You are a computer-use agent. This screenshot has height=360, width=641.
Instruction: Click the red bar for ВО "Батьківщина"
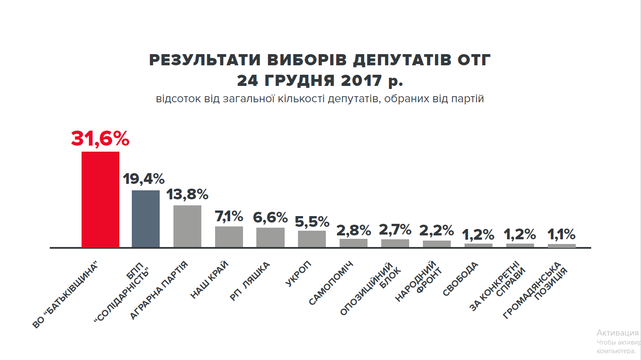coord(100,200)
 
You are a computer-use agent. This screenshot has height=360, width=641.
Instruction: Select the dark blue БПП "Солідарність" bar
coord(146,219)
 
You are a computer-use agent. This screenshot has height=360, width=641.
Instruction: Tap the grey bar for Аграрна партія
coord(187,226)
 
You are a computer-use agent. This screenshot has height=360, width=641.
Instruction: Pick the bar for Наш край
coord(229,237)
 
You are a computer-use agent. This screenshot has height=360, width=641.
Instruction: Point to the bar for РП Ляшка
coord(270,238)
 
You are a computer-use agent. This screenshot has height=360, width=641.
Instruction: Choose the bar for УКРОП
coord(312,239)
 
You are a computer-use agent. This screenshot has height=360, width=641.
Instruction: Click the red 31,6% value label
coord(100,139)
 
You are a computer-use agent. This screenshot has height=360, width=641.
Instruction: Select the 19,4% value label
coord(144,179)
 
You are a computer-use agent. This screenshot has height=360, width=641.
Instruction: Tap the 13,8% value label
coord(187,194)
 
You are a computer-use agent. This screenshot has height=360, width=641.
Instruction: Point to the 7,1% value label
coord(229,217)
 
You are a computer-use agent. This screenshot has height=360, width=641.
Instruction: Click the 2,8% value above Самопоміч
coord(353,230)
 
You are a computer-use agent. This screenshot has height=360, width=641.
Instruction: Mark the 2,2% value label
coord(437,231)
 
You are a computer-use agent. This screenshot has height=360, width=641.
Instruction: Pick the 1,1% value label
coord(562,235)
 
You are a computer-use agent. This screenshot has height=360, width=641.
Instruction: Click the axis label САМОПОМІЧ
coord(331,284)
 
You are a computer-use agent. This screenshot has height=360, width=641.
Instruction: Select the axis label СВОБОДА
coord(460,279)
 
